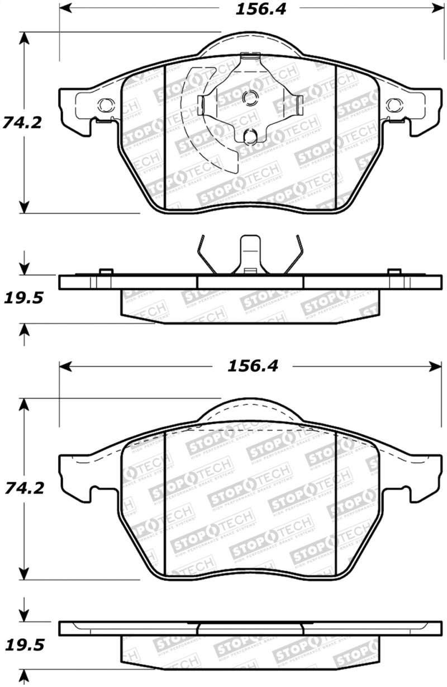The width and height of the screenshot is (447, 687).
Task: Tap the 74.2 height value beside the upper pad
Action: click(22, 122)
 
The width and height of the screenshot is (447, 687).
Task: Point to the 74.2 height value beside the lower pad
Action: click(22, 488)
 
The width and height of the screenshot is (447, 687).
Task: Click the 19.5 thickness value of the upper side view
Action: click(22, 298)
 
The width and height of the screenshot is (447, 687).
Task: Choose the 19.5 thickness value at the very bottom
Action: click(22, 645)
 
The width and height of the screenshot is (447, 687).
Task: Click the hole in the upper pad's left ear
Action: click(104, 104)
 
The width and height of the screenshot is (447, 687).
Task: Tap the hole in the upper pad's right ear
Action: click(394, 104)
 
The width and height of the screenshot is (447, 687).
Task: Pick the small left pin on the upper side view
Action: click(104, 272)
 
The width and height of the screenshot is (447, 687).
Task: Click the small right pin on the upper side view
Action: click(394, 272)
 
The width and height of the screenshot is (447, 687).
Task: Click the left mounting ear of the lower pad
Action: click(75, 470)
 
